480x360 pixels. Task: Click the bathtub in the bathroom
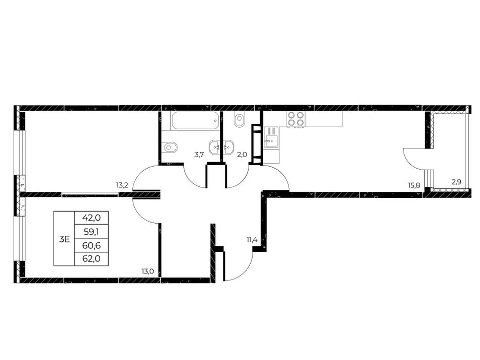[x=196, y=121]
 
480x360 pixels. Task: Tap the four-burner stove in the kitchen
[x=296, y=119]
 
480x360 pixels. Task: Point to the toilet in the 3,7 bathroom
[x=170, y=147]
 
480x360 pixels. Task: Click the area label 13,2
[x=122, y=185]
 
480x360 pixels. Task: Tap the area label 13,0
[x=147, y=271]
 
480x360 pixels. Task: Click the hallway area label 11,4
[x=252, y=239]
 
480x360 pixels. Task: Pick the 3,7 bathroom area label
[x=199, y=155]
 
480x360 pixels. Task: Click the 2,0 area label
[x=242, y=155]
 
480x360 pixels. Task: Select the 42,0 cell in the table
[x=91, y=218]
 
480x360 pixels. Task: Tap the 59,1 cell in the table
[x=91, y=231]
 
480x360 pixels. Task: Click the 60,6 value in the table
[x=91, y=245]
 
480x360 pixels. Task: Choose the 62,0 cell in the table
[x=91, y=259]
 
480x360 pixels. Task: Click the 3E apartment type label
[x=65, y=239]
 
